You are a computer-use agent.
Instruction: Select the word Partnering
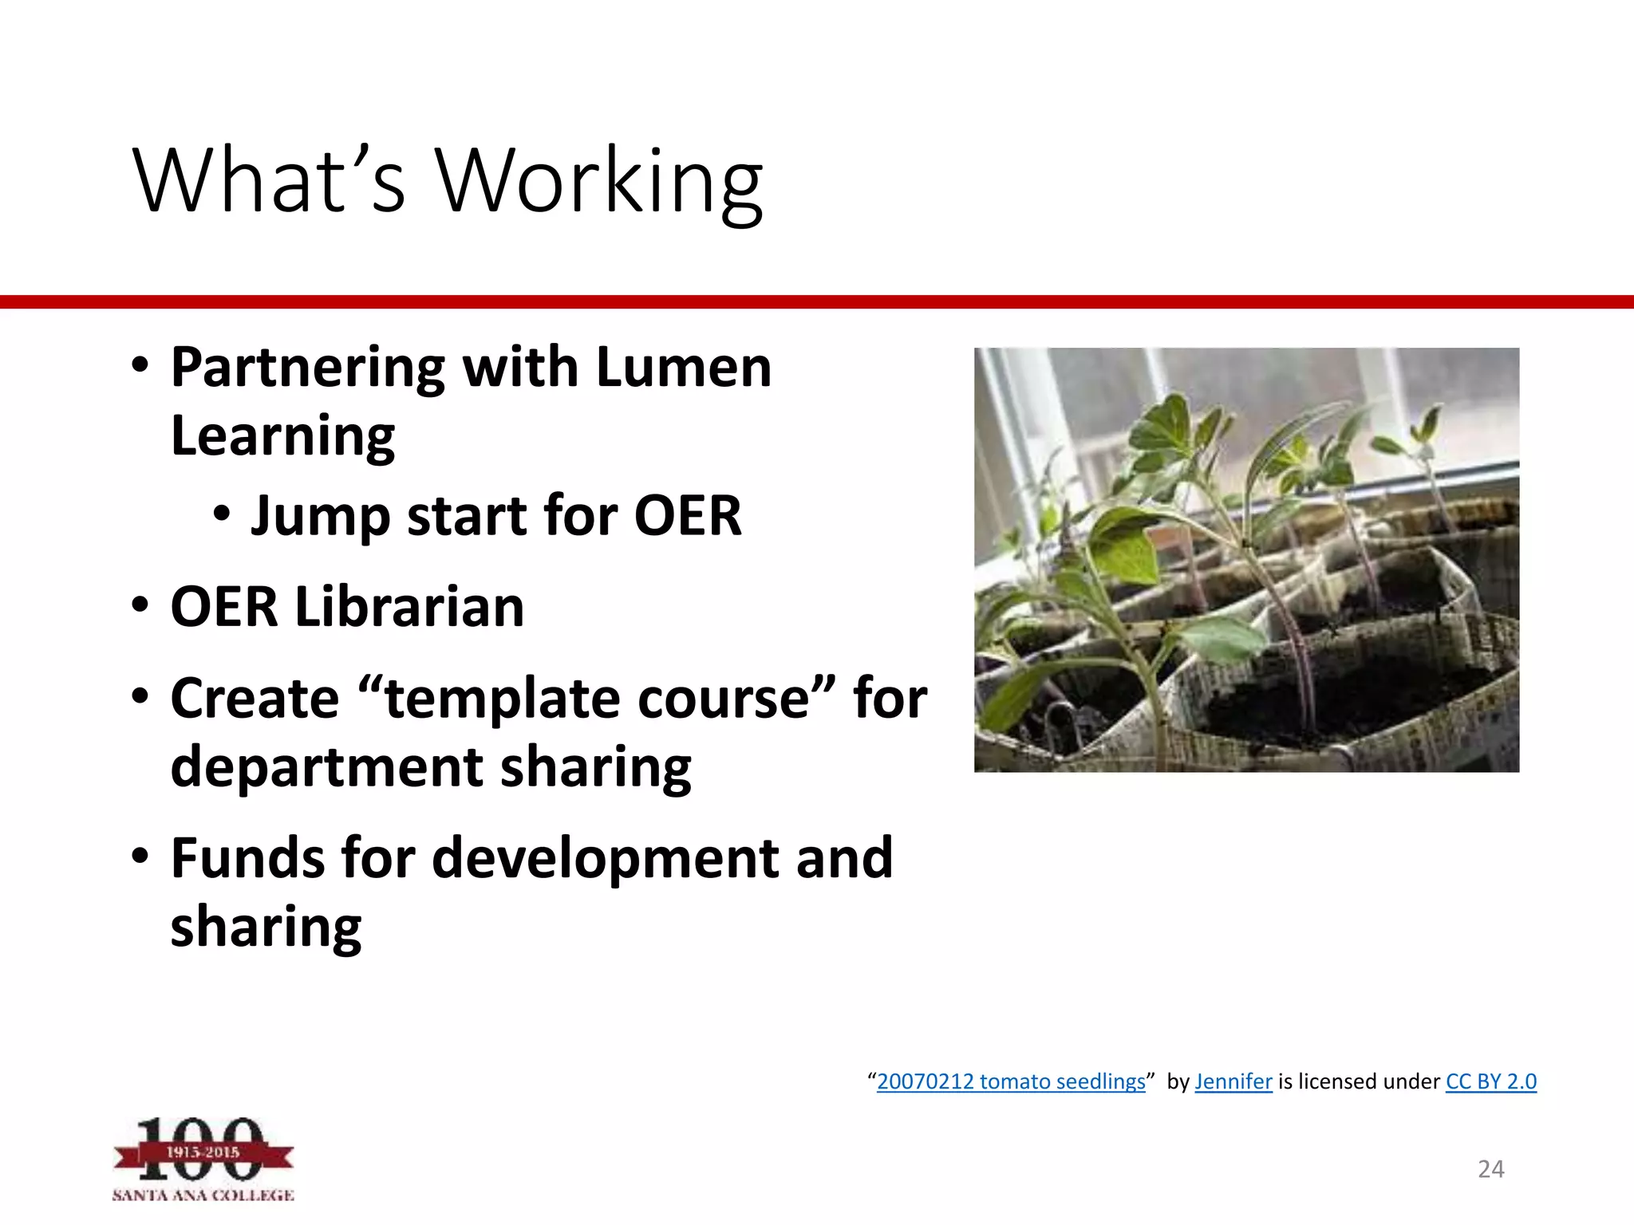308,368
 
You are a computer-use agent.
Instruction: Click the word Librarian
409,607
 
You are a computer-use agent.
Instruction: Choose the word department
326,766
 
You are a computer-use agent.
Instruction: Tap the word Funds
247,858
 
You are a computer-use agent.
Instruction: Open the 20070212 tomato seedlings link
1011,1081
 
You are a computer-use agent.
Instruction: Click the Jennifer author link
1233,1081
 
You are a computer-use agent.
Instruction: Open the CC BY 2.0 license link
1490,1081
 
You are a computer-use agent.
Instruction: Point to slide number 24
1490,1169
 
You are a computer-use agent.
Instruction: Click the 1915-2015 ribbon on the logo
203,1152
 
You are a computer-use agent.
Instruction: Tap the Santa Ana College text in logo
203,1195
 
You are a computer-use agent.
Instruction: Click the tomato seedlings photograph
1246,559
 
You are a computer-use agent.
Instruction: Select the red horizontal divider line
817,301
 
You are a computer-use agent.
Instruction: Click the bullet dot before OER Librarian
140,605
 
